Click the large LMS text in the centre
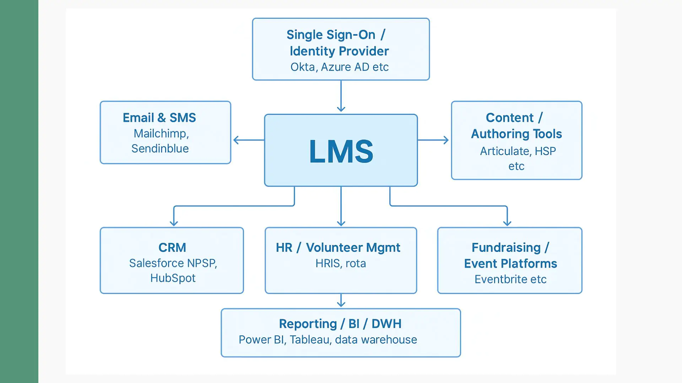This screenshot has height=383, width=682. (x=341, y=151)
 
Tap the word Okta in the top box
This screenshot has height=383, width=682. (x=302, y=67)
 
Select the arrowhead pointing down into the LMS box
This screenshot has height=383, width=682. (x=341, y=109)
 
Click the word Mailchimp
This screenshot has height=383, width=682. (x=160, y=134)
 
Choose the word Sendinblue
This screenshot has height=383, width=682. (x=160, y=149)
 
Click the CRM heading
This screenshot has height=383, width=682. (x=172, y=248)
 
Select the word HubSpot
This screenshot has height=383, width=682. (x=173, y=278)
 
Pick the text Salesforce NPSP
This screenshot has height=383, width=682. (x=172, y=263)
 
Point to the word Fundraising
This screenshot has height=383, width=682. (x=506, y=248)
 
